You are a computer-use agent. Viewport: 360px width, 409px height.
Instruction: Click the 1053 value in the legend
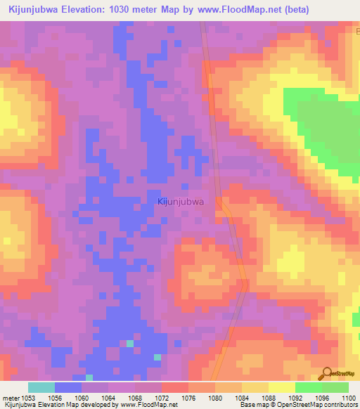click(27, 398)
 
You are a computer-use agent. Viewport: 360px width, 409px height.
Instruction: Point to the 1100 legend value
click(348, 398)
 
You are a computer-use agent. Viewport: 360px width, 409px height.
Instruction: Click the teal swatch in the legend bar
click(41, 387)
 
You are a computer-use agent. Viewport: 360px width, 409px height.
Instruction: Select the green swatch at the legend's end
click(335, 387)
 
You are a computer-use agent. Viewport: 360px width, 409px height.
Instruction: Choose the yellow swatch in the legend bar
click(281, 387)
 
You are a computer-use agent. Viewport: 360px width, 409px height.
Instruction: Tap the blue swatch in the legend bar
click(68, 387)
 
